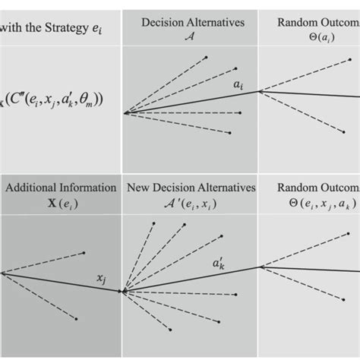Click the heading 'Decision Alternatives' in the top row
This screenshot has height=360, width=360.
[x=192, y=23]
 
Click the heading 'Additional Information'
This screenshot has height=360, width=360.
[x=61, y=188]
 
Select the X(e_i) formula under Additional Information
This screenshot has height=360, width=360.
[x=61, y=202]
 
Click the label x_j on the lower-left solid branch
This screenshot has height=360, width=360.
[x=99, y=279]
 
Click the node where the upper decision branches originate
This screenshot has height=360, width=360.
[x=125, y=113]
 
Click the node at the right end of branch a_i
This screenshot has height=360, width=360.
[x=260, y=91]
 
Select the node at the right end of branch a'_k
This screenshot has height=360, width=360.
[x=261, y=267]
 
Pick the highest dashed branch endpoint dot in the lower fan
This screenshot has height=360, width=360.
[x=155, y=223]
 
